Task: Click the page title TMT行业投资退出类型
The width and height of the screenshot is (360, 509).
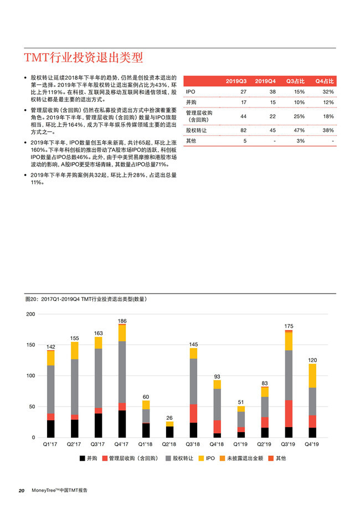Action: click(83, 58)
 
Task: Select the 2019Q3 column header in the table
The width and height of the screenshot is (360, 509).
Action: click(236, 81)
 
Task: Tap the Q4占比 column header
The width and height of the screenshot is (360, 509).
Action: click(324, 81)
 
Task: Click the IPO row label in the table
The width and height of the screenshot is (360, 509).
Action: click(191, 91)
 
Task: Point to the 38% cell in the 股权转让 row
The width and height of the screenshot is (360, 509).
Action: click(328, 130)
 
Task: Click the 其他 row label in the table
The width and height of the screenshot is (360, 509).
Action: click(191, 141)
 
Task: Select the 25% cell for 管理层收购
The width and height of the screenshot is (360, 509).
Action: click(299, 116)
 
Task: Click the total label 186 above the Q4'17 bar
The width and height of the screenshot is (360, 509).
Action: click(122, 321)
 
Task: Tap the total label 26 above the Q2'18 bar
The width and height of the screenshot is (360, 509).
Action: click(169, 418)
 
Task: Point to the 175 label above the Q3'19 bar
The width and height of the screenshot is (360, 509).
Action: click(289, 327)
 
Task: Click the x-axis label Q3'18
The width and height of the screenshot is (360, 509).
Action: click(193, 444)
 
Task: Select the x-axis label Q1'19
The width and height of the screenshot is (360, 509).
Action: click(241, 444)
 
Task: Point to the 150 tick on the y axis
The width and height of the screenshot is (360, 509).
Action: click(30, 345)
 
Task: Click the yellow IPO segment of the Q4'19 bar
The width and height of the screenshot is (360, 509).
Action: click(312, 376)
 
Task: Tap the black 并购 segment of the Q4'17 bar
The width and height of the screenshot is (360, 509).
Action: click(122, 424)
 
